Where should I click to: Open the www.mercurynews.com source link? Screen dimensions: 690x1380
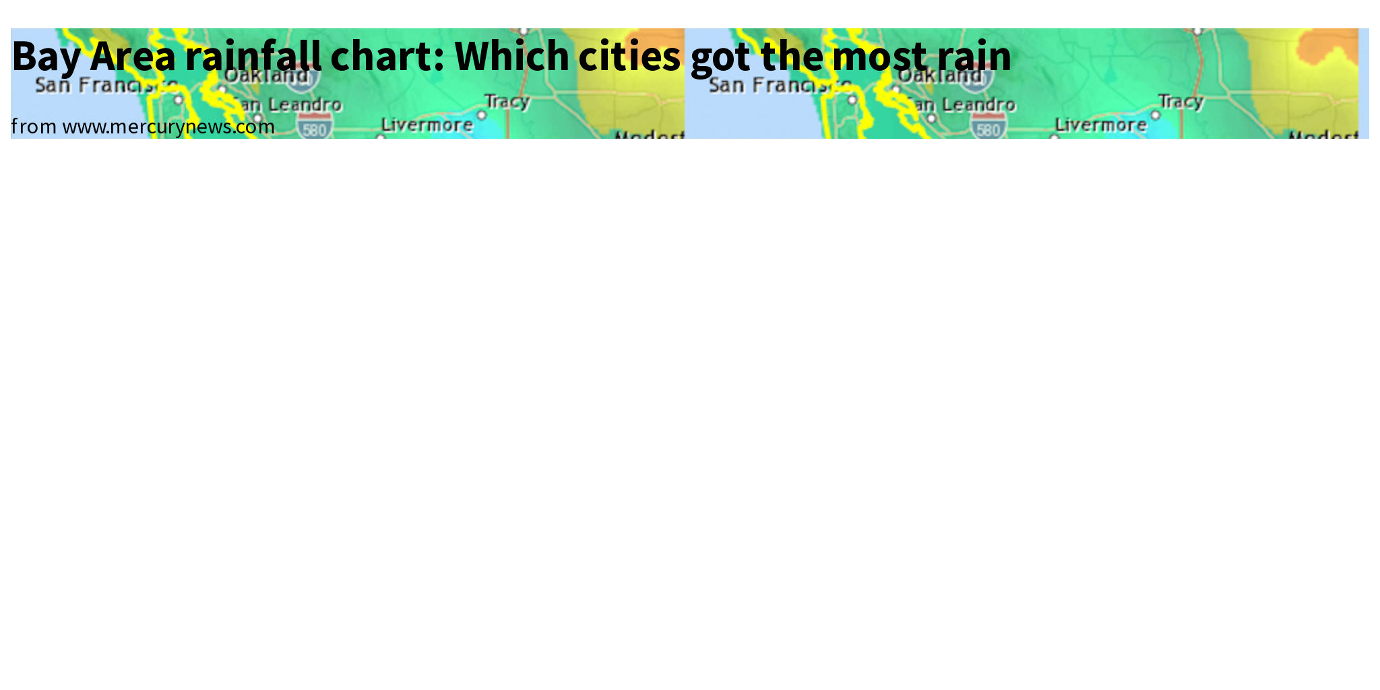click(x=168, y=127)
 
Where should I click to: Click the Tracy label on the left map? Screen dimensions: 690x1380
click(x=507, y=102)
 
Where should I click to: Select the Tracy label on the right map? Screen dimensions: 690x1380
click(x=1181, y=102)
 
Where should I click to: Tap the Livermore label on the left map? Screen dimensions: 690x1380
click(x=427, y=125)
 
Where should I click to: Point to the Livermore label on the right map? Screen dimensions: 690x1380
click(x=1101, y=125)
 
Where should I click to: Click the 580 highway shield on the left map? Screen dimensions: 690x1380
click(x=315, y=127)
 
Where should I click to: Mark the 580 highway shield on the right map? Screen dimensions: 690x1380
click(x=989, y=127)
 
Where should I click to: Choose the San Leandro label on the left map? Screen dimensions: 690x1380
click(x=290, y=105)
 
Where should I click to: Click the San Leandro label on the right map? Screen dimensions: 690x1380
click(x=964, y=105)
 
